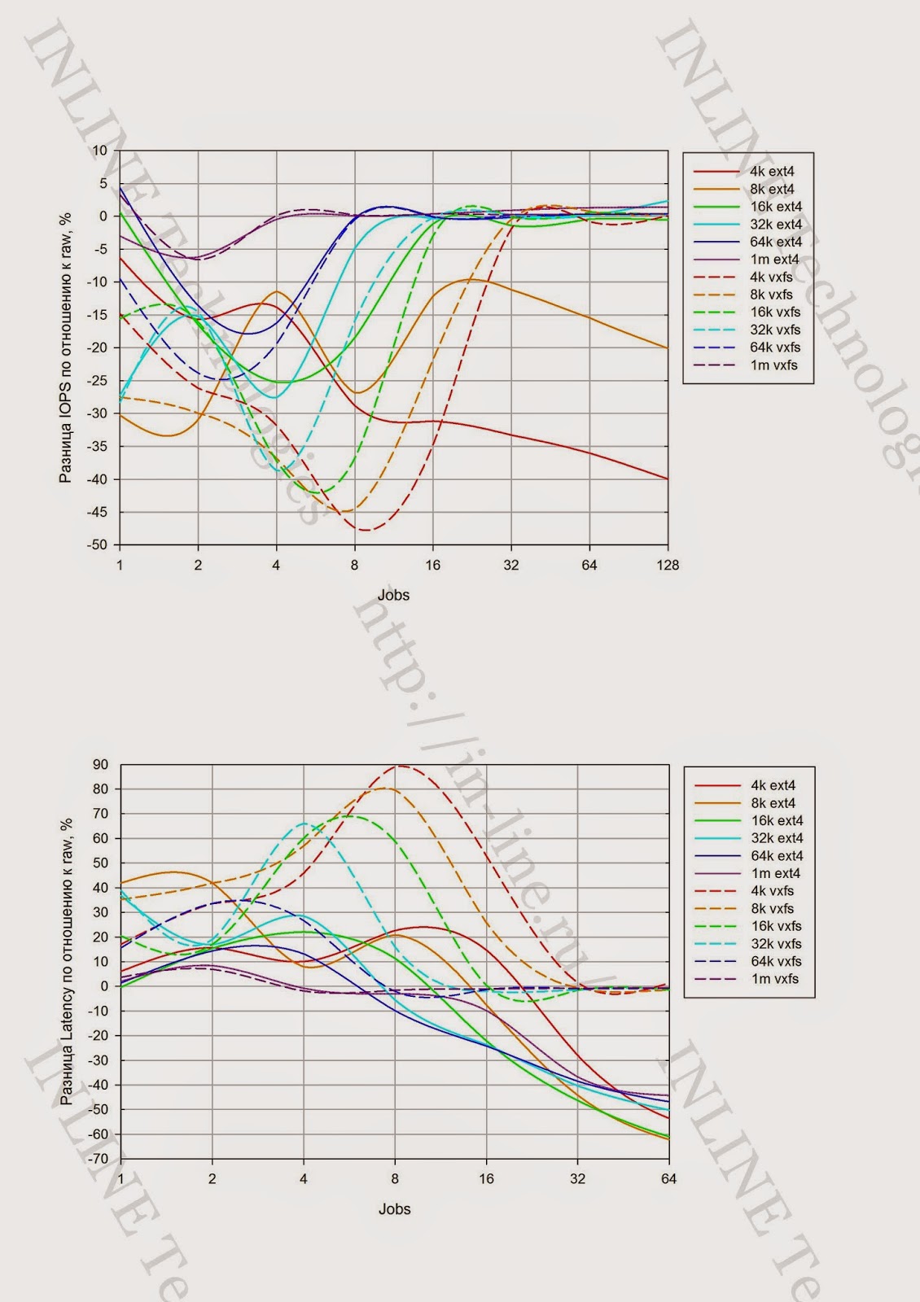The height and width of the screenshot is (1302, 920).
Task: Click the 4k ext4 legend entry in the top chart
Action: click(x=771, y=172)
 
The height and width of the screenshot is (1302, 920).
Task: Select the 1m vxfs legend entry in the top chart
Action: click(x=773, y=365)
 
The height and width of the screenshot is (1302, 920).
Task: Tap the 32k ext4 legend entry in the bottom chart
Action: click(x=777, y=838)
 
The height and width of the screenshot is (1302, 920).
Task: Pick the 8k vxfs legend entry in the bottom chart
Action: click(x=772, y=909)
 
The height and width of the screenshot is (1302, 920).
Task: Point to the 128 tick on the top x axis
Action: click(x=668, y=566)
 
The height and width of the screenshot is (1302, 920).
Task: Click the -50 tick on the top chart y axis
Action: click(x=97, y=545)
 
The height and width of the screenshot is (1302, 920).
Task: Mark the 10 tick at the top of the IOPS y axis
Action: click(x=100, y=151)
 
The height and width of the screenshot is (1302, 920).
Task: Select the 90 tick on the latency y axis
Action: click(x=100, y=764)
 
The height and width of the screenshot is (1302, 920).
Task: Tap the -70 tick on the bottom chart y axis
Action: click(x=98, y=1159)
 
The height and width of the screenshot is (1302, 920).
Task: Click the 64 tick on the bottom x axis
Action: click(x=668, y=1179)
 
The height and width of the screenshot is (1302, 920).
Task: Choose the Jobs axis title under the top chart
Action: click(x=393, y=596)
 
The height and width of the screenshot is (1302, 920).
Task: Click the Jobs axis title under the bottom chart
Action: click(x=394, y=1209)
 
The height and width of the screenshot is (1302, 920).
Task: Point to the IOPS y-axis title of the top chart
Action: click(x=66, y=347)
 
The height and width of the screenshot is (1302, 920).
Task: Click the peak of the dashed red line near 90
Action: click(x=401, y=766)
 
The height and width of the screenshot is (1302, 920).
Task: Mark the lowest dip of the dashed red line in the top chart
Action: click(x=365, y=531)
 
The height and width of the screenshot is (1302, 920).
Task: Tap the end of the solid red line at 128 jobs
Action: click(x=667, y=478)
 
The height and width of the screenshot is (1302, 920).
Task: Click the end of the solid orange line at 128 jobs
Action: click(x=667, y=347)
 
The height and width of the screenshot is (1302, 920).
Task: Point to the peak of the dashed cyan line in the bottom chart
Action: click(x=305, y=824)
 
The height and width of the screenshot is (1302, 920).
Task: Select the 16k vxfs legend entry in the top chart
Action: click(x=775, y=312)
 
